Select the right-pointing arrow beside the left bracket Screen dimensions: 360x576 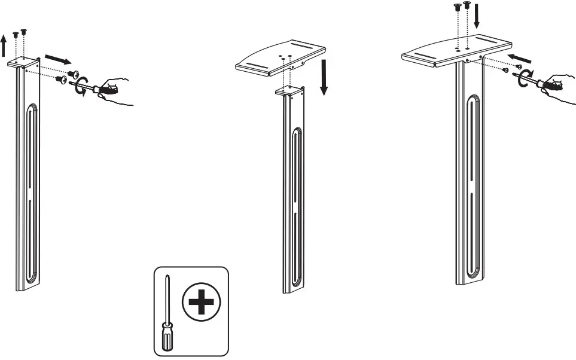pos(58,59)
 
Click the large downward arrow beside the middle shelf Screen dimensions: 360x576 pos(324,77)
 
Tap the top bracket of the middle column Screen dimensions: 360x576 pos(289,91)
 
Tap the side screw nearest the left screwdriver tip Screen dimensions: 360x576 pos(62,78)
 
